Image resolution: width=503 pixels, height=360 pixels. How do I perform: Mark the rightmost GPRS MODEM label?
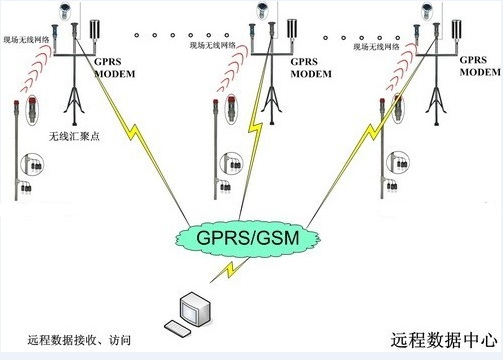click(480, 66)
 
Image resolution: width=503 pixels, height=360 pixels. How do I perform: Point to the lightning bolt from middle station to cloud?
click(262, 130)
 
